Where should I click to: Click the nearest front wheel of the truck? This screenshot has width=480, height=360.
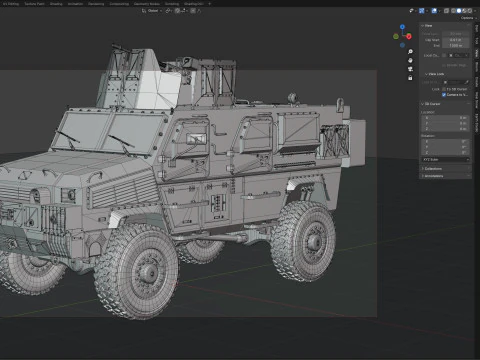point(136,269)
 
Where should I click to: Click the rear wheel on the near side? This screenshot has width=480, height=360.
point(302,239)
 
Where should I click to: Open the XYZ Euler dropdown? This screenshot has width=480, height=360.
point(445,159)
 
